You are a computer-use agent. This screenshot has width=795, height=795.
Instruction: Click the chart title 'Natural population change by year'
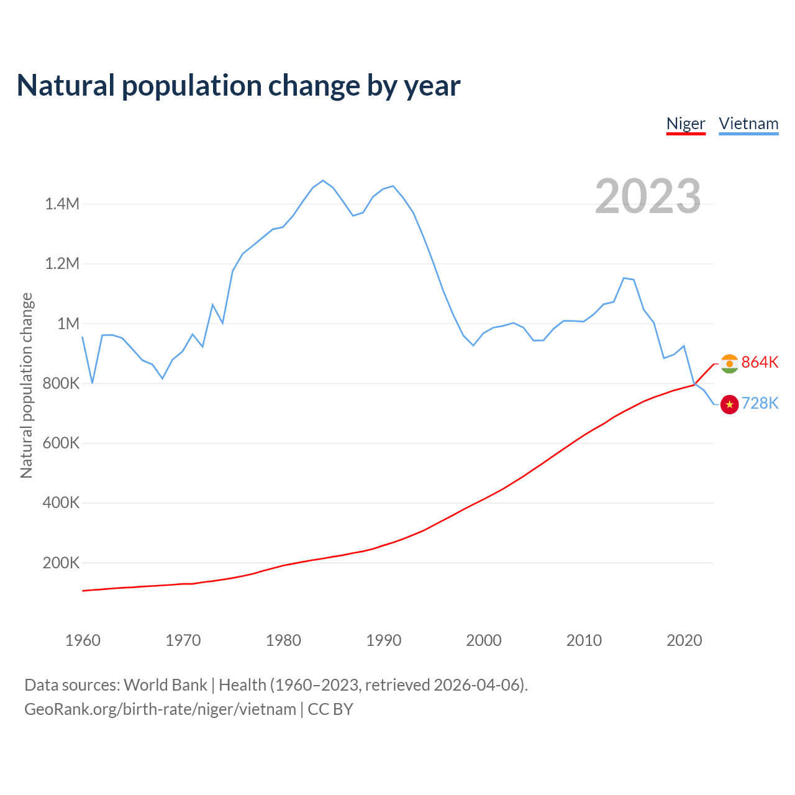tap(238, 86)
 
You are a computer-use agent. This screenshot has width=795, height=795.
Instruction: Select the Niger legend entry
tap(686, 124)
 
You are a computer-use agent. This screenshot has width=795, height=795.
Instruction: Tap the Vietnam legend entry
tap(748, 124)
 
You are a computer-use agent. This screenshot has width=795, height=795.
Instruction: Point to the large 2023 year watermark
tap(648, 196)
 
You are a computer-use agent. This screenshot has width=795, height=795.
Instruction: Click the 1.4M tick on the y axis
tap(62, 204)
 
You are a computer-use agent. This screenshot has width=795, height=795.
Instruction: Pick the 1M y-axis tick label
tap(68, 324)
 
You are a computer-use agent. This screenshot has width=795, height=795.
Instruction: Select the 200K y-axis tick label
tap(61, 563)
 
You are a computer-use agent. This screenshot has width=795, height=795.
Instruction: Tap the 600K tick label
tap(61, 443)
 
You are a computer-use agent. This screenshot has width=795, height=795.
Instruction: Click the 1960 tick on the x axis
tap(83, 640)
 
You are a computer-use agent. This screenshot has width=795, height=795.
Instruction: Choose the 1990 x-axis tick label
tap(384, 640)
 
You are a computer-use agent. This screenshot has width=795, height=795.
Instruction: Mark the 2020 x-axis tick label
tap(684, 640)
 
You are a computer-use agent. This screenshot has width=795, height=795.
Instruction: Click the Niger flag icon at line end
tap(729, 363)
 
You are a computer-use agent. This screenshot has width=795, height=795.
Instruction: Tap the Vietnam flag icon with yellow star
tap(729, 404)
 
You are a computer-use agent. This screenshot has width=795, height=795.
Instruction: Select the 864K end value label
tap(760, 362)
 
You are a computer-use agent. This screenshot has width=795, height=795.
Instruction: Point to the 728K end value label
tap(760, 404)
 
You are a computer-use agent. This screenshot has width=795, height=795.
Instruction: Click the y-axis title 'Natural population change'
tap(26, 385)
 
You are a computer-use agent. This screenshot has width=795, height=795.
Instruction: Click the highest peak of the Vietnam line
tap(323, 181)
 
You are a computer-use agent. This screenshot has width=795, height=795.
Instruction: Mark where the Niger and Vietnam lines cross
tap(694, 384)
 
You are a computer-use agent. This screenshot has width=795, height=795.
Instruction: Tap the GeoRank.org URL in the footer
tap(160, 709)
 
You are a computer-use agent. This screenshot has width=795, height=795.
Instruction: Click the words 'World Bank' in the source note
tap(165, 685)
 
